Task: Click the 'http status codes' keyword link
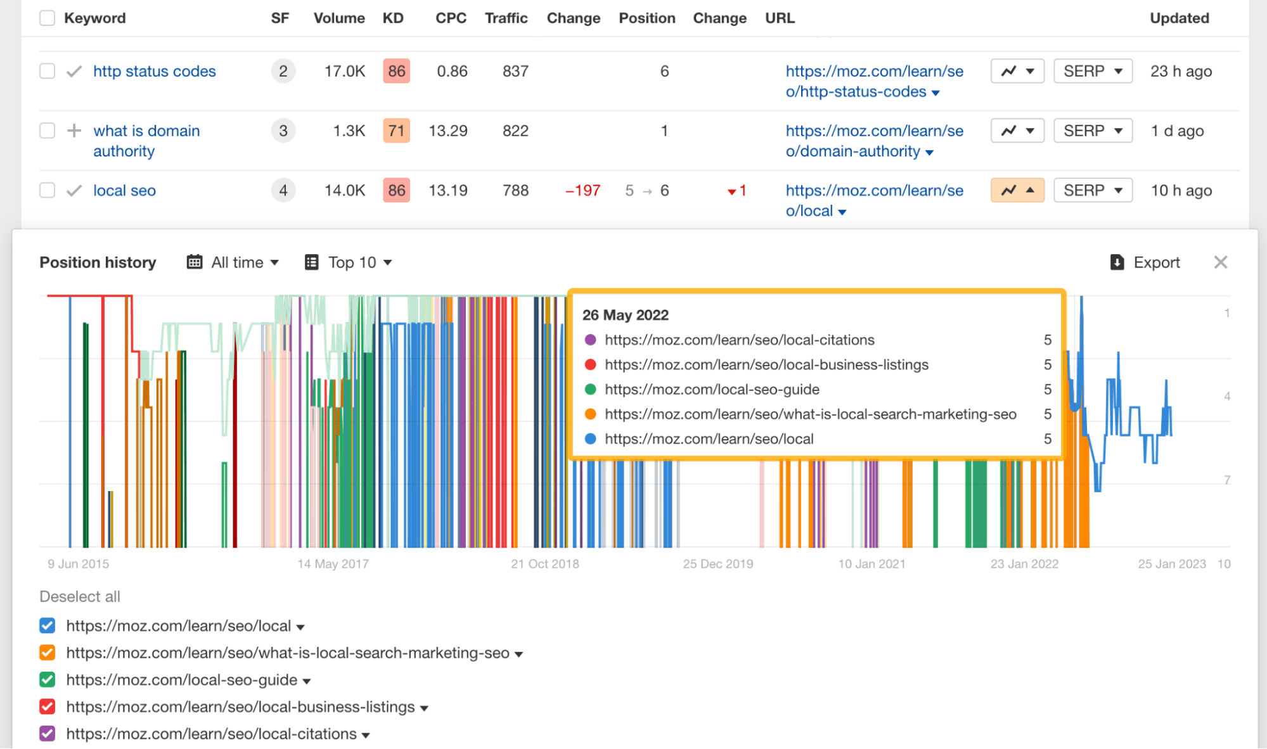[154, 71]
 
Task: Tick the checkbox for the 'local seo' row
[48, 190]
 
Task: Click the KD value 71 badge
[396, 131]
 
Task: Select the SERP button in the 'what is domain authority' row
[1093, 131]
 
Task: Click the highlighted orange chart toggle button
[1017, 190]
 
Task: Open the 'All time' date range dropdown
[233, 262]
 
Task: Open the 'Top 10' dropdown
[349, 262]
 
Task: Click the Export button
[1145, 262]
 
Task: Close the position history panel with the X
[1220, 262]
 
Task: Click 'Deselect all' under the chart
[80, 596]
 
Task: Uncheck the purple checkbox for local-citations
[48, 734]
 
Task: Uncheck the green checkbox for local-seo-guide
[48, 680]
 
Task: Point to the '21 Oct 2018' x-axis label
[544, 563]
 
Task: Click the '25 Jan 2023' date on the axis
[1171, 563]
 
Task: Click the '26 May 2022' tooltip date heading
[625, 315]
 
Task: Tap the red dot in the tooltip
[590, 364]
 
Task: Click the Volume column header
[338, 18]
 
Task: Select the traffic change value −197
[582, 190]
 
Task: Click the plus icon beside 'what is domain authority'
[74, 131]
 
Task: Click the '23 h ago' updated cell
[1181, 71]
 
